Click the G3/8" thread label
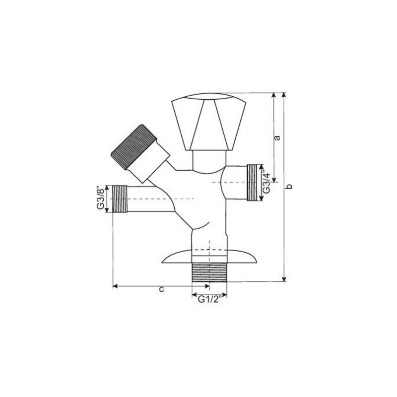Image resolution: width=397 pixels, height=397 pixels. (x=101, y=198)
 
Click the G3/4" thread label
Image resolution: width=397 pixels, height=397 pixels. (x=267, y=182)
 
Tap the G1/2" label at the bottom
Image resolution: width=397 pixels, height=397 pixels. (x=209, y=299)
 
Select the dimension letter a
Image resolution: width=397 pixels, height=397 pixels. (x=278, y=137)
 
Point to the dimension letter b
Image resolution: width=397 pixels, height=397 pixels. (x=291, y=187)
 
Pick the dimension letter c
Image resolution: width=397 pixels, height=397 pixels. (x=161, y=290)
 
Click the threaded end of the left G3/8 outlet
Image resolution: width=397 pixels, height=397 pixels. (x=120, y=198)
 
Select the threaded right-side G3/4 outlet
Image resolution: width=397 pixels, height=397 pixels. (x=255, y=182)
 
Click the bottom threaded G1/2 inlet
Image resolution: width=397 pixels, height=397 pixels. (x=209, y=272)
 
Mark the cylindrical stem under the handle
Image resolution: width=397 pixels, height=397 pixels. (x=208, y=160)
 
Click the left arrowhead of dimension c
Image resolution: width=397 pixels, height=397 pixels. (x=116, y=286)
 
